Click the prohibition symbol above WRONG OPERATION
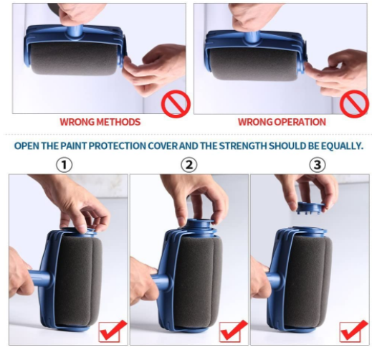tap(353, 102)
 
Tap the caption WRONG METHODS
tap(100, 122)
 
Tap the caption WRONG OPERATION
tap(282, 122)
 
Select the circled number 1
tap(65, 165)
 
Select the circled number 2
tap(189, 165)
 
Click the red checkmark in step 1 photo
tap(112, 331)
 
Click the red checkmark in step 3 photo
tap(353, 331)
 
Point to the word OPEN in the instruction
tap(28, 146)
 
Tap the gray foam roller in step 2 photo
tap(197, 280)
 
